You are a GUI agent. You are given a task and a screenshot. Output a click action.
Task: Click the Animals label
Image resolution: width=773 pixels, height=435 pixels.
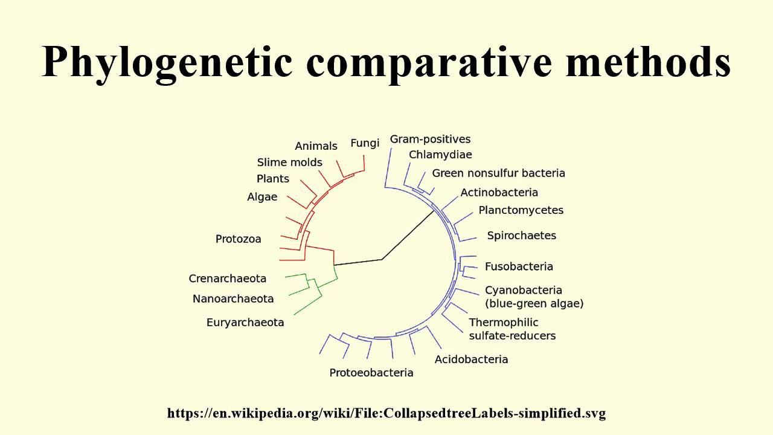tap(316, 146)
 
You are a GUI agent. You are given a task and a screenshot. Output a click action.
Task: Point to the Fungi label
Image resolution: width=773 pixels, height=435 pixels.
tap(365, 143)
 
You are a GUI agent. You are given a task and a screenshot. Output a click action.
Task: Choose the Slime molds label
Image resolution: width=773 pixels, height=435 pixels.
tap(290, 163)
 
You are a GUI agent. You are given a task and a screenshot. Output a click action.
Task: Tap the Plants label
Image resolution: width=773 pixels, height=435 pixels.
tap(273, 179)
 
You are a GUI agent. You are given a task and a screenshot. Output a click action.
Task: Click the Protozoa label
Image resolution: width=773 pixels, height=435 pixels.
tap(239, 239)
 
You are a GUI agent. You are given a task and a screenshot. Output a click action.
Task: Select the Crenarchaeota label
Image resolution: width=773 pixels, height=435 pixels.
tap(228, 279)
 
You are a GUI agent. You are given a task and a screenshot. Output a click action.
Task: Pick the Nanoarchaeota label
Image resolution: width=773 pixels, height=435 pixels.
tap(233, 298)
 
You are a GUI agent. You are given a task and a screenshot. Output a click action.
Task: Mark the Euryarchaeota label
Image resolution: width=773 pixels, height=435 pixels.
tap(245, 323)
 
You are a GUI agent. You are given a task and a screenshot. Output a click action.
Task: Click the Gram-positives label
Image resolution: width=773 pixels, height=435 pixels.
tap(430, 140)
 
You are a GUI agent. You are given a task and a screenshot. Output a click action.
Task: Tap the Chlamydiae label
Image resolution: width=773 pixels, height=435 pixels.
tap(440, 155)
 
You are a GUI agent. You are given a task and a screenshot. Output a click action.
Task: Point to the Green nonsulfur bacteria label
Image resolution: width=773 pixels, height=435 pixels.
tap(499, 173)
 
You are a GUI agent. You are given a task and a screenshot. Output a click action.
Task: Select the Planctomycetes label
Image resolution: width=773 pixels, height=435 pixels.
tap(521, 210)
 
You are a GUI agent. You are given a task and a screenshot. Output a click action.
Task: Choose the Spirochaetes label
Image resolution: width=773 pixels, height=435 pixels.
tap(522, 236)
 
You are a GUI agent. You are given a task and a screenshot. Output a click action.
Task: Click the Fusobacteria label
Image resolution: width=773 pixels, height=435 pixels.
tap(519, 266)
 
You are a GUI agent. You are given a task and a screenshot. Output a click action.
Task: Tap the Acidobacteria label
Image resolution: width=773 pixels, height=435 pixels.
tap(472, 359)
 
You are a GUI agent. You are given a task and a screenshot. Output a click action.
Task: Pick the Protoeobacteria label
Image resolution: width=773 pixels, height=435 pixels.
tap(371, 373)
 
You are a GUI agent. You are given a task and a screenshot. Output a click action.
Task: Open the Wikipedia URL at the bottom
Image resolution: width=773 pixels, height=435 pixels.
tap(386, 414)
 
